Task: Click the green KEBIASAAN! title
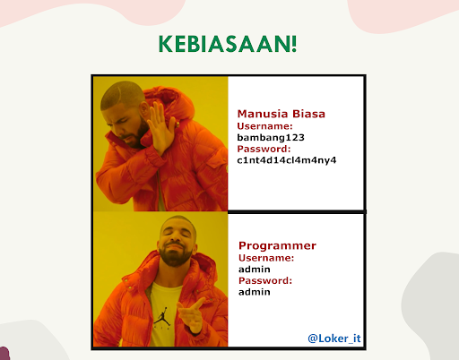tap(228, 44)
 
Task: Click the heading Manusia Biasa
tap(281, 114)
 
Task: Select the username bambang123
tap(271, 137)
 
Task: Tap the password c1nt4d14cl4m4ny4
tap(287, 160)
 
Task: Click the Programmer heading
tap(277, 245)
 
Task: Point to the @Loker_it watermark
tap(334, 339)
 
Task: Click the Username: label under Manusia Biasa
tap(264, 126)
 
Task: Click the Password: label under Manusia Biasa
tap(264, 149)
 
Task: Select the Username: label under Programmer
tap(266, 258)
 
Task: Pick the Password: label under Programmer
tap(265, 280)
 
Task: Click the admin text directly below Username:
tap(255, 270)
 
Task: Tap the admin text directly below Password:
tap(255, 292)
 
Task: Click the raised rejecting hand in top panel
tap(160, 127)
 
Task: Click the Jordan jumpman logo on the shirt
tap(162, 317)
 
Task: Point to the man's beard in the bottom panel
tap(175, 256)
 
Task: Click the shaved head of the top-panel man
tap(122, 94)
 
